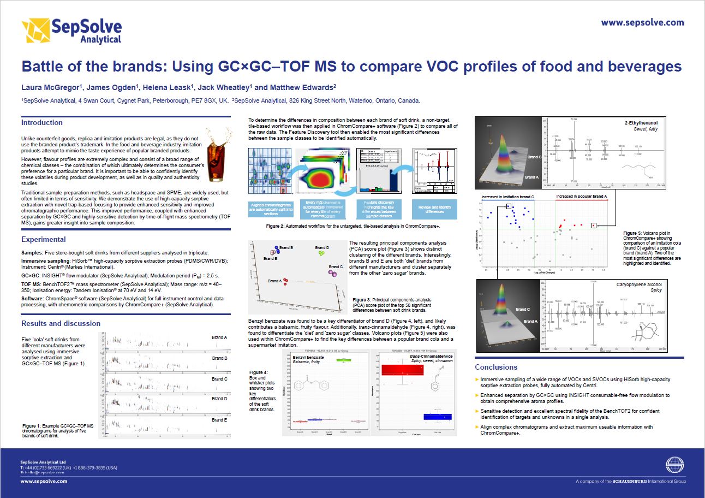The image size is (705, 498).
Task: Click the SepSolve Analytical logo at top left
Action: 71,31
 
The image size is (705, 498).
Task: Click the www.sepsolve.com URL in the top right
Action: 642,22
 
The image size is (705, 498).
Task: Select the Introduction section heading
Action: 42,123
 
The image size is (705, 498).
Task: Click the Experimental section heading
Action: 44,239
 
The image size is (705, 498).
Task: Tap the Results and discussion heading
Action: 61,323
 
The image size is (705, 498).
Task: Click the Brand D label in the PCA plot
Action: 322,248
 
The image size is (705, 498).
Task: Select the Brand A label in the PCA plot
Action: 275,281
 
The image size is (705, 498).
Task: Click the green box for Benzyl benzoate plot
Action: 343,360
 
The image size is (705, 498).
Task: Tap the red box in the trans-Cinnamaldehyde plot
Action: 402,370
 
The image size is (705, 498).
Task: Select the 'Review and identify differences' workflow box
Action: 434,209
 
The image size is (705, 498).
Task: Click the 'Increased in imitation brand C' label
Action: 507,196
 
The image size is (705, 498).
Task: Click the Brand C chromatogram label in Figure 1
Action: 219,379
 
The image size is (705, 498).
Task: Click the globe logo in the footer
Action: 674,465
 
